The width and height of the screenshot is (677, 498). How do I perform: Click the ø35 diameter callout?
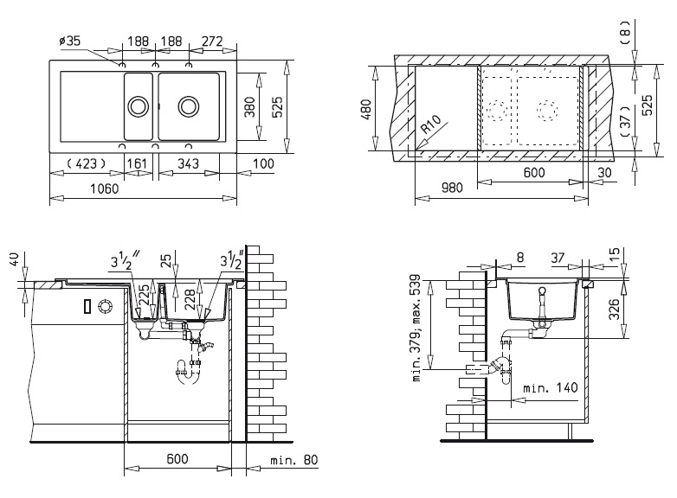click(x=69, y=41)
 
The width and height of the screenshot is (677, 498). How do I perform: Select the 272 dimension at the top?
click(x=212, y=41)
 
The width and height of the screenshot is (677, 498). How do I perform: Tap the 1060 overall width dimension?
click(x=104, y=188)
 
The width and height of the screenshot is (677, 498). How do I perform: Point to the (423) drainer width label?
click(x=87, y=163)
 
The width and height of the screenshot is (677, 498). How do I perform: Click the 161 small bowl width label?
click(x=138, y=163)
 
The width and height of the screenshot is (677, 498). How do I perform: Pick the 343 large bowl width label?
click(x=188, y=163)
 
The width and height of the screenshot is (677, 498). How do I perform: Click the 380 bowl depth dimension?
click(x=249, y=106)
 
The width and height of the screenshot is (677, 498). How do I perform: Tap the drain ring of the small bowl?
click(x=139, y=106)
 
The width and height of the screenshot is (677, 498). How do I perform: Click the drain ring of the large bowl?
click(x=189, y=106)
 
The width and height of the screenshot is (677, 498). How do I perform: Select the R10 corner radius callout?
click(x=431, y=124)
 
